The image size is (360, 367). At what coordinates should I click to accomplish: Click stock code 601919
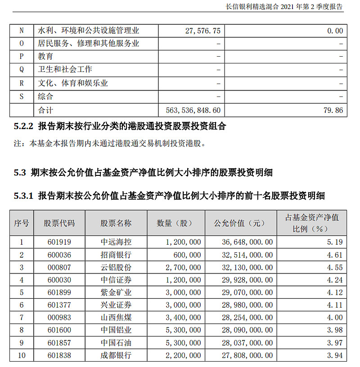[x=59, y=242]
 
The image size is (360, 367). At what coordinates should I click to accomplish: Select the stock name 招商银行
[x=116, y=255]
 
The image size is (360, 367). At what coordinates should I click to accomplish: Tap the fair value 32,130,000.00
[x=247, y=267]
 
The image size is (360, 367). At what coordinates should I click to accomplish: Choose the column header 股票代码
[x=59, y=223]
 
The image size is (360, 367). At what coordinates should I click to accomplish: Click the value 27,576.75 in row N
[x=202, y=31]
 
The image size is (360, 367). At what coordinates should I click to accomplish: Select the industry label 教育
[x=45, y=57]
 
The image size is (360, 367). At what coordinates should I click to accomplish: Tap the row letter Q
[x=22, y=70]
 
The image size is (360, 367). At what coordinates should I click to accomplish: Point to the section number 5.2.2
[x=24, y=127]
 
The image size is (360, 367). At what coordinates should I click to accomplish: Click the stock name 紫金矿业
[x=116, y=292]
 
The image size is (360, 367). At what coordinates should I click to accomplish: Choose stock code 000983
[x=59, y=318]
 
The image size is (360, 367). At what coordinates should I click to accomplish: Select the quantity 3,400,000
[x=183, y=318]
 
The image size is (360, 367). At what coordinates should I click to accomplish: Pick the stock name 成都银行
[x=116, y=355]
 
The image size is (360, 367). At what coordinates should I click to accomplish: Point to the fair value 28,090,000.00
[x=247, y=330]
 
